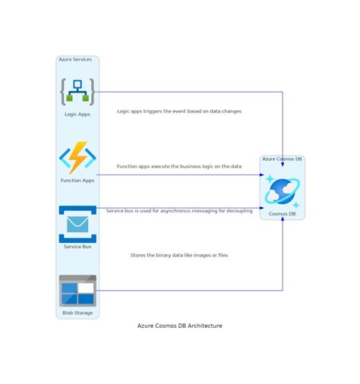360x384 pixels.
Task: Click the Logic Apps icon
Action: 77,92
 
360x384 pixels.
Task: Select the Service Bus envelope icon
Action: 77,224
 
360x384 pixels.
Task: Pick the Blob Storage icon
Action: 77,290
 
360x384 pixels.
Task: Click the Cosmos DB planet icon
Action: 283,192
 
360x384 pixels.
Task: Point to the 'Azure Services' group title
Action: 75,59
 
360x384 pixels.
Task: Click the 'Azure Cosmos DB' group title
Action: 283,159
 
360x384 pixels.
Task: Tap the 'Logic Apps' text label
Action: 77,115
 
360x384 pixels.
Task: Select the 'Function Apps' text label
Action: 77,181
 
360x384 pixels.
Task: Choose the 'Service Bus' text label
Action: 77,247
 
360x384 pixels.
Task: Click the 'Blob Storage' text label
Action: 77,313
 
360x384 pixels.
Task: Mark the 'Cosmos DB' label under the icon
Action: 283,214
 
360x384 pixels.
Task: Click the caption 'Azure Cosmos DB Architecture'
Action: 180,326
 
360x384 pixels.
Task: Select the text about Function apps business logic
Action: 179,166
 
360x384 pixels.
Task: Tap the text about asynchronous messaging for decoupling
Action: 179,211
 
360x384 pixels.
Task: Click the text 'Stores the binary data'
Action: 179,255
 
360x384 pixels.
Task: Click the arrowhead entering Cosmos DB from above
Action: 283,164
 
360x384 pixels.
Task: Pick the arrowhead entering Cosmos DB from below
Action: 283,221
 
